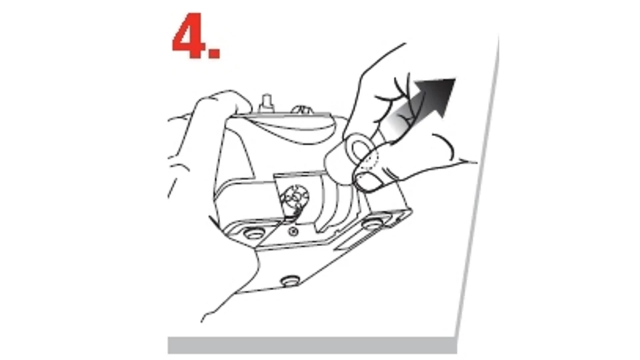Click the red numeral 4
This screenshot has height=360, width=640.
coord(190,36)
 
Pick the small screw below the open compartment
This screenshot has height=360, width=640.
coord(292,232)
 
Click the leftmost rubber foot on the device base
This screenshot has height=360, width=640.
coord(253,233)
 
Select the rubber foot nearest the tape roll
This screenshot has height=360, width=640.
coord(373,223)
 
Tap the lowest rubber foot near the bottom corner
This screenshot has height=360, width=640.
coord(290,281)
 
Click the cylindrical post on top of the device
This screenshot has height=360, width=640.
coord(267,103)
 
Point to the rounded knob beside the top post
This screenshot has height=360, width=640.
coord(301,109)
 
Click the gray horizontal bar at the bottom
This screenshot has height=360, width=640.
coord(312,345)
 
